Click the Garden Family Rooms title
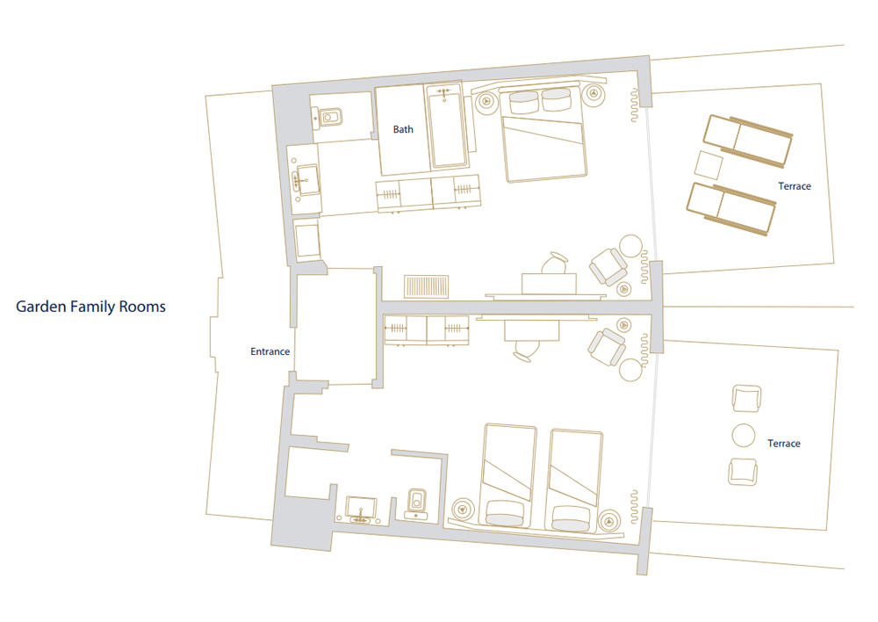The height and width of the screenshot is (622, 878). [90, 307]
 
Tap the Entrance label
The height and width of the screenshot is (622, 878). [270, 351]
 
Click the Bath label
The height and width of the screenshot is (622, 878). [403, 129]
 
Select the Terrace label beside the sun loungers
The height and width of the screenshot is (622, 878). [795, 186]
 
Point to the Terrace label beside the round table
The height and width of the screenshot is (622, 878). [783, 444]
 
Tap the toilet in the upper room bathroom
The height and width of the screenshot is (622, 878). [328, 118]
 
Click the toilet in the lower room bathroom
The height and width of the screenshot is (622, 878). [415, 504]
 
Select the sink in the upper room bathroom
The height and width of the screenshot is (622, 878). [306, 179]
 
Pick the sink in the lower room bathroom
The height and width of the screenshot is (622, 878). [361, 510]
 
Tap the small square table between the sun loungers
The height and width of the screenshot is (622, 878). [709, 165]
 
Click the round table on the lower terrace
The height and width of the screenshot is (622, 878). [744, 436]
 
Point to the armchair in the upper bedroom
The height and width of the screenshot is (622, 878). [608, 266]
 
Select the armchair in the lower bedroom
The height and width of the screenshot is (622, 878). [607, 347]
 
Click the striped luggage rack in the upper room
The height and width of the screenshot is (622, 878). [427, 286]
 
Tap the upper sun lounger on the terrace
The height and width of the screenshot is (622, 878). [747, 141]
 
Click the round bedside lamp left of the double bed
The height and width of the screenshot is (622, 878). [486, 102]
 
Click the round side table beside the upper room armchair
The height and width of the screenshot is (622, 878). [630, 245]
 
